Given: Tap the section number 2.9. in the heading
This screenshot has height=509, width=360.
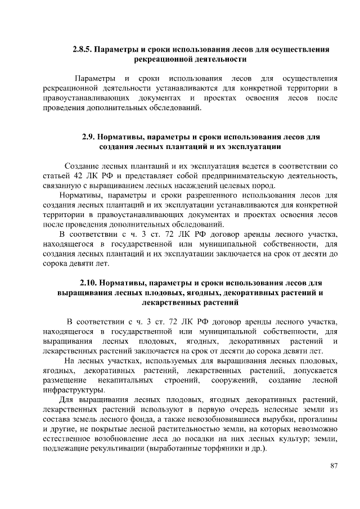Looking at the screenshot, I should point(89,137).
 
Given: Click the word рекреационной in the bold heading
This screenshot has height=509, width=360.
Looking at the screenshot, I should point(165,58).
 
